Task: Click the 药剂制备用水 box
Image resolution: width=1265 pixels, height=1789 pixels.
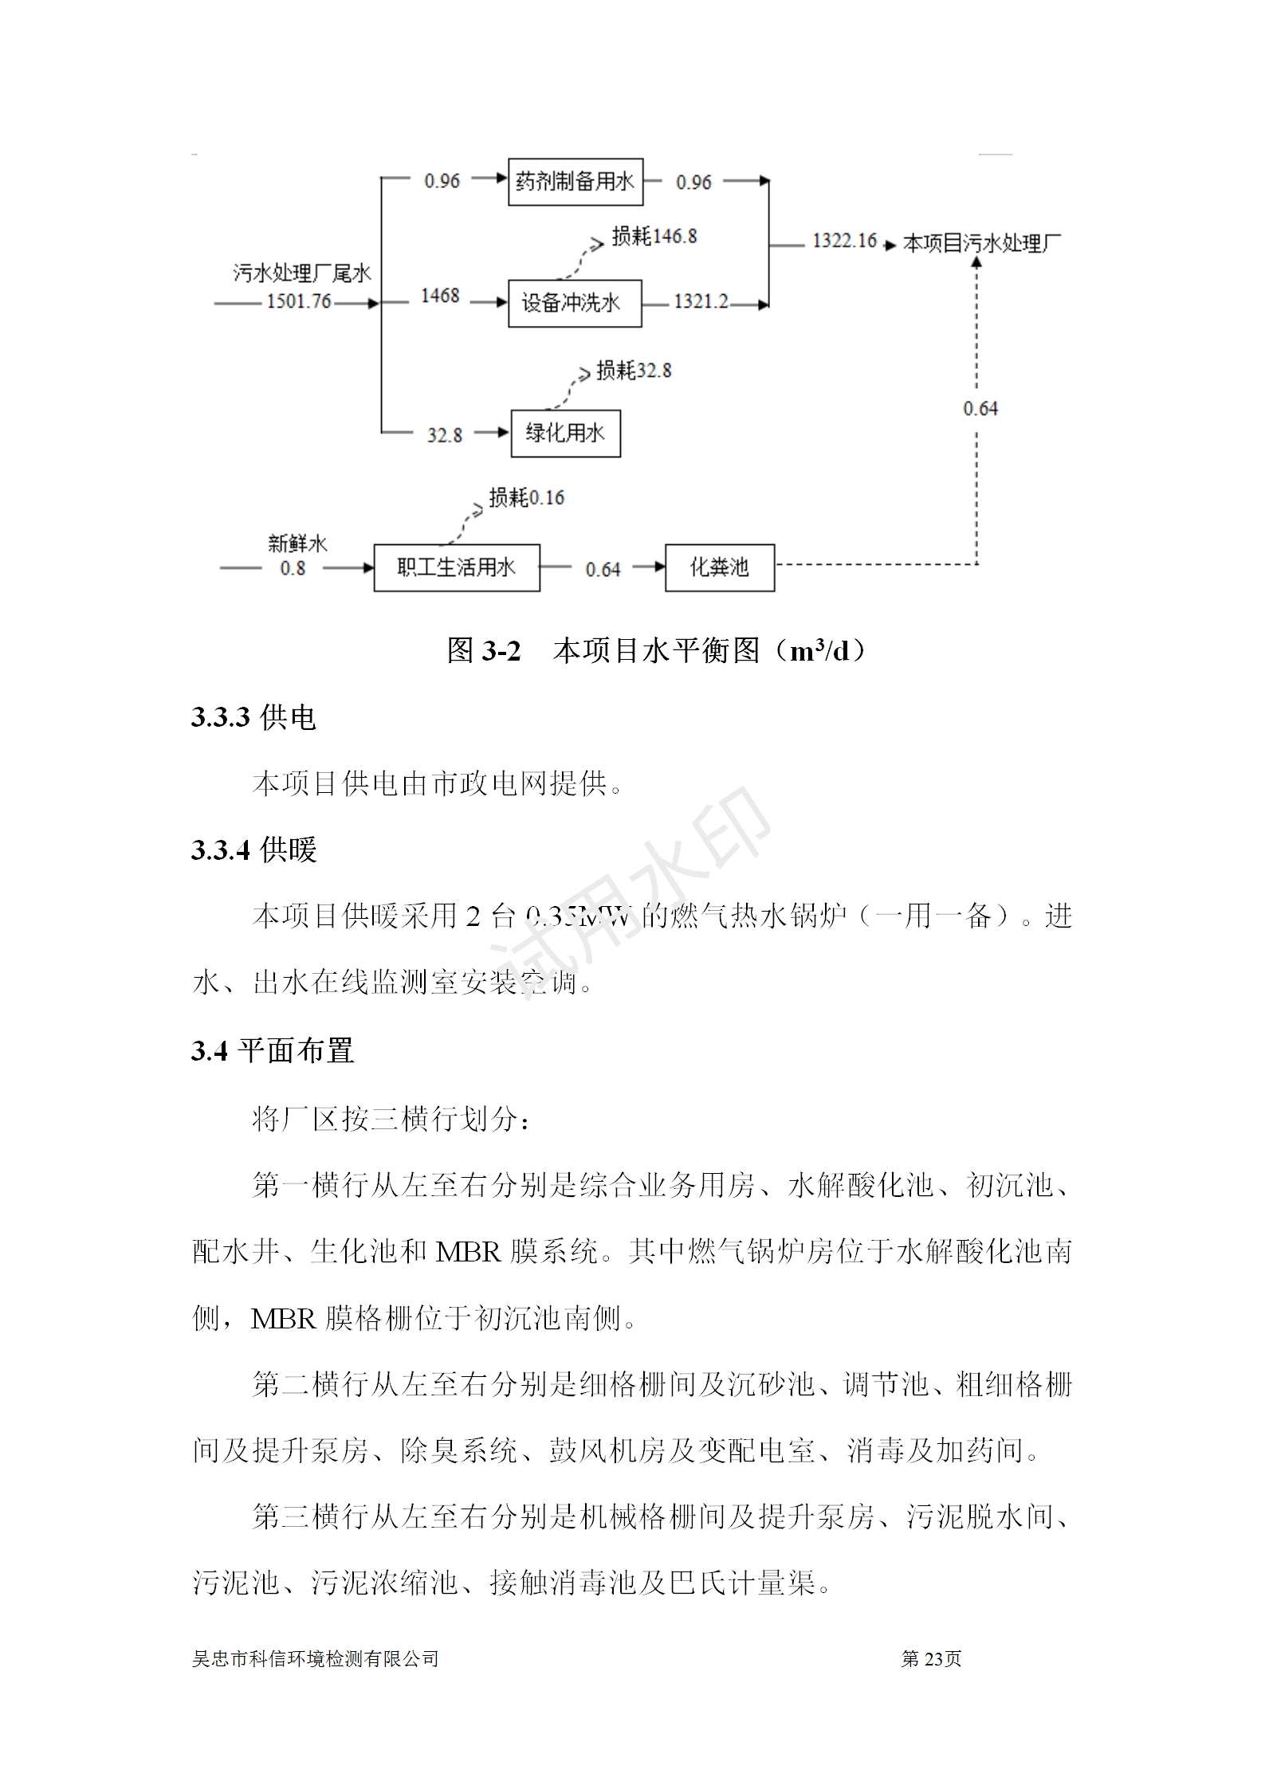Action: point(575,182)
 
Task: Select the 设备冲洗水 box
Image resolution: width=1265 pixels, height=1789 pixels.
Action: point(574,303)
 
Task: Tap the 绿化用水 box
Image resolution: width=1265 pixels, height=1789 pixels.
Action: point(565,433)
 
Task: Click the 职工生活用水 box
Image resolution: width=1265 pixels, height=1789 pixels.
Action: point(456,567)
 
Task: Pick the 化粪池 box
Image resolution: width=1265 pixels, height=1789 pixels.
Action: point(719,567)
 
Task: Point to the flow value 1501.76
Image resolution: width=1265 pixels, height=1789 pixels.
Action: point(298,301)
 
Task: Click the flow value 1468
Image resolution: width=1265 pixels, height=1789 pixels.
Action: point(440,296)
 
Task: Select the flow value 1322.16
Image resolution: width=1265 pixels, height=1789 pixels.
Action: point(844,241)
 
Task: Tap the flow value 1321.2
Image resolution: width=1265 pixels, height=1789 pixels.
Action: point(701,301)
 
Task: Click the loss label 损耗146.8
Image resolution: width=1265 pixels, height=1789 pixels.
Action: point(654,236)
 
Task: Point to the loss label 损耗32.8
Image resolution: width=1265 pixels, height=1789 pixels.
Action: point(634,371)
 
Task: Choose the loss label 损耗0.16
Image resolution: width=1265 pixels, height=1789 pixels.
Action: point(526,498)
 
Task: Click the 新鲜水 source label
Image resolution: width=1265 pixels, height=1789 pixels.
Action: point(297,543)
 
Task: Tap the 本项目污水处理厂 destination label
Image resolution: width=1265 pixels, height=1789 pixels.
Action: point(981,243)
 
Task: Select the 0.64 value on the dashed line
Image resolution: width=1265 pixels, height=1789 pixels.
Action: point(980,409)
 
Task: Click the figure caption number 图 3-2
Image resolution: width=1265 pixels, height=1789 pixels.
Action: point(484,651)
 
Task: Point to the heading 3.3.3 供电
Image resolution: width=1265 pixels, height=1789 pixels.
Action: point(253,717)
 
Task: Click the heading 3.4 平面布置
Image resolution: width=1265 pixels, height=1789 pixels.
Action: point(272,1050)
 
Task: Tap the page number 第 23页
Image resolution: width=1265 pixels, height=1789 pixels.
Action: point(931,1658)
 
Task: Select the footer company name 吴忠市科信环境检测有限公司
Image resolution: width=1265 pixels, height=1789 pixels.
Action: point(315,1658)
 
